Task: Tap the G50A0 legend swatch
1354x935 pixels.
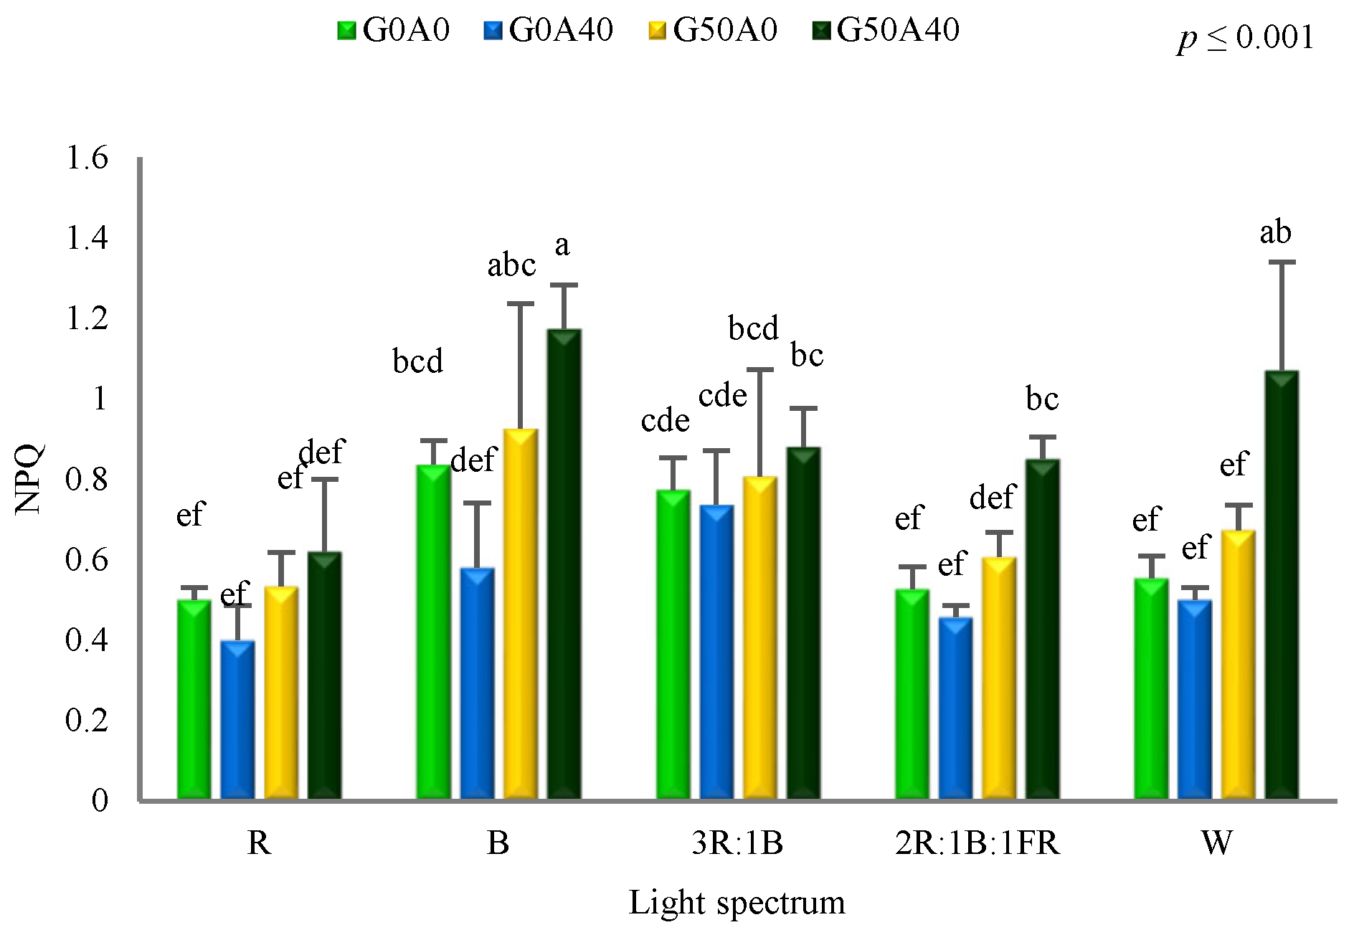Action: [657, 31]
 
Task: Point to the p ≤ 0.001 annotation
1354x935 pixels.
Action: [1246, 37]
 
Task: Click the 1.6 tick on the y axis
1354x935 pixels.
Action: [87, 158]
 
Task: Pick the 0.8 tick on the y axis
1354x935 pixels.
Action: [87, 479]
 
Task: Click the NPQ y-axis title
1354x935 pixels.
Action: [29, 479]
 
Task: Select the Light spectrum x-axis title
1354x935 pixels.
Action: [737, 902]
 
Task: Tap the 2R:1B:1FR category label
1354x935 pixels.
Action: [977, 843]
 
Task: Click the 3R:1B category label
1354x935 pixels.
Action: [737, 843]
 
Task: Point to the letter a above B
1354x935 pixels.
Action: [562, 245]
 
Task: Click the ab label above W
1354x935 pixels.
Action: [1275, 232]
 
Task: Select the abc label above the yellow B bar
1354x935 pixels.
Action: [511, 265]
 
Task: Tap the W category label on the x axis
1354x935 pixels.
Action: [1217, 843]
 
